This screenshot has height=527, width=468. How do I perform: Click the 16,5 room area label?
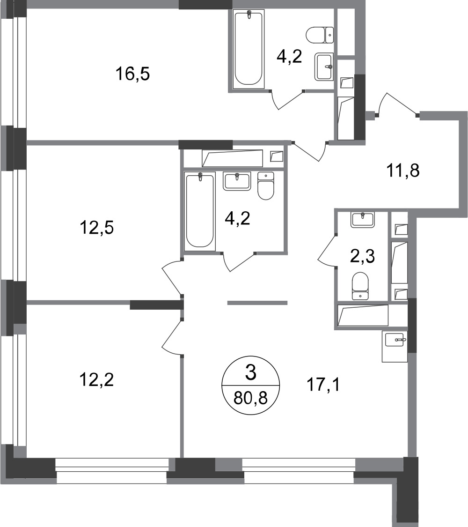point(132,74)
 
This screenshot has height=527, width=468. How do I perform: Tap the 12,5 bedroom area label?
point(97,228)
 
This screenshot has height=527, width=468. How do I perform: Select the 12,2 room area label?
point(97,380)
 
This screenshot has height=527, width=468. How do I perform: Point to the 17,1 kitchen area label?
point(323,385)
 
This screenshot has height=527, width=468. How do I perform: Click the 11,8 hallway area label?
point(403,171)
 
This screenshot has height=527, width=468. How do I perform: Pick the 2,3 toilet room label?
point(362,257)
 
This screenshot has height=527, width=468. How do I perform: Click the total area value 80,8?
point(250,399)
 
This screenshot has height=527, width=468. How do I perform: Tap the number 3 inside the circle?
point(251,373)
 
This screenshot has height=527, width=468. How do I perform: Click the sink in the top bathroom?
point(324,67)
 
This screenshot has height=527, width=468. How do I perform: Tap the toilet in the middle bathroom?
point(266,186)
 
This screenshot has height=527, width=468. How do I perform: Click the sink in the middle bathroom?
point(237,181)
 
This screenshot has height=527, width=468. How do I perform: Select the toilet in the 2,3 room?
point(360,286)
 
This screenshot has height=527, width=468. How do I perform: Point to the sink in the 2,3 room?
point(362,220)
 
